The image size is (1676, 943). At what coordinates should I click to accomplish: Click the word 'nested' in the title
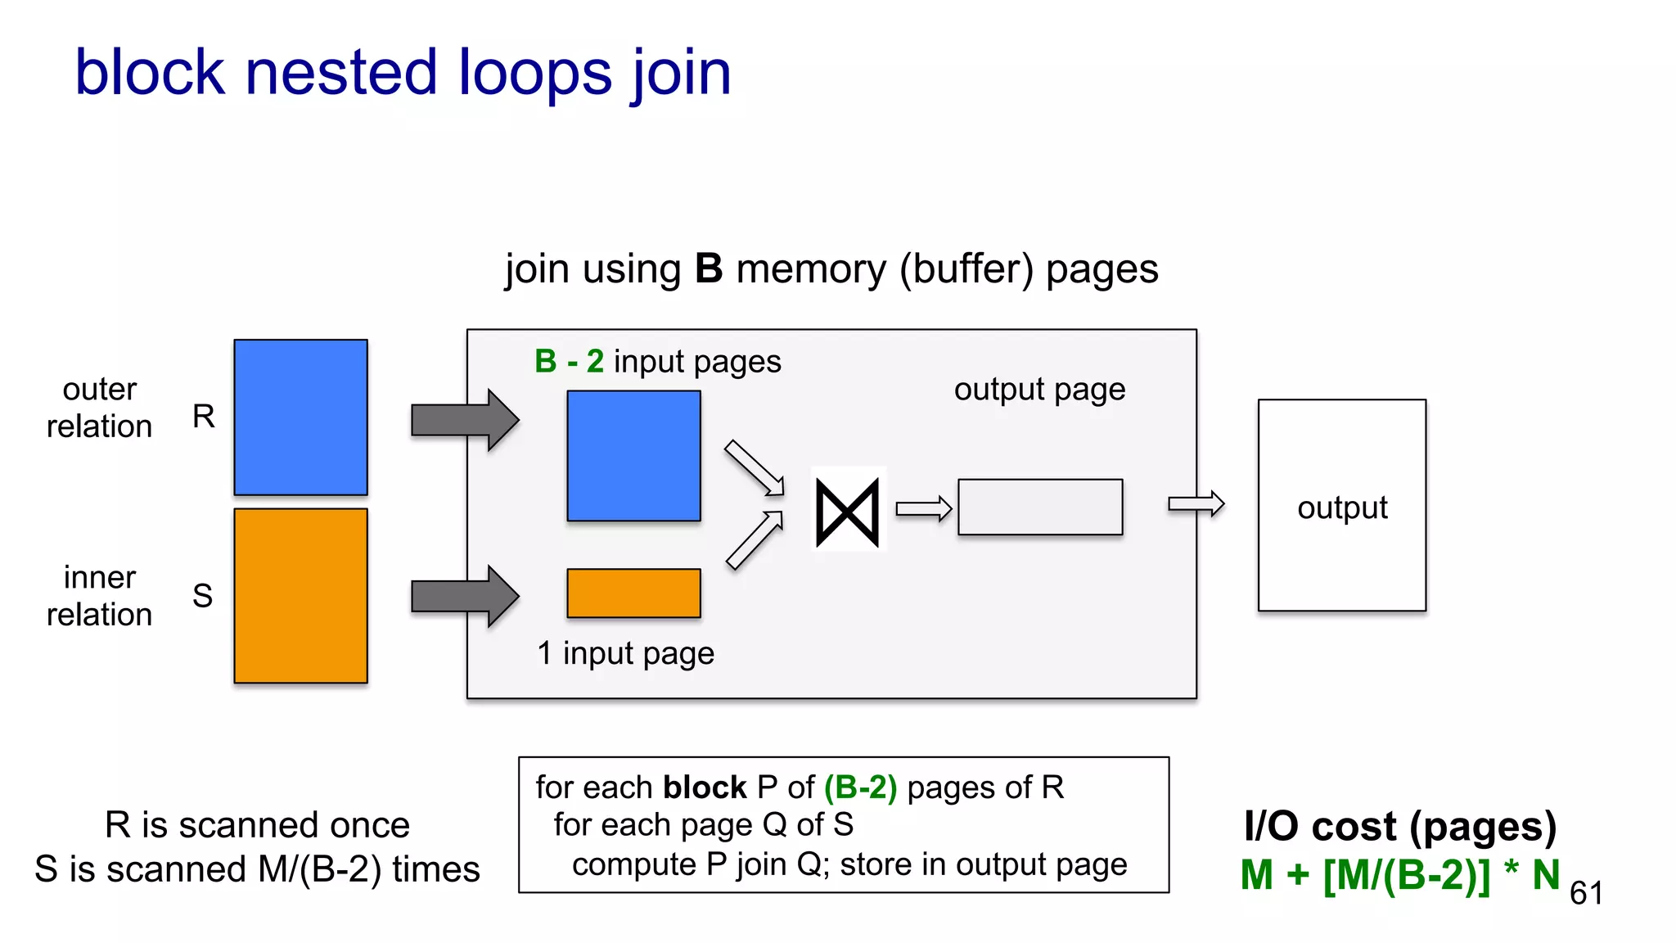click(x=340, y=74)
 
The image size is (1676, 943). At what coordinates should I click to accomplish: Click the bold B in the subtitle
click(x=708, y=269)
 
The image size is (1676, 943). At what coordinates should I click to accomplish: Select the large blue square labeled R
click(x=300, y=417)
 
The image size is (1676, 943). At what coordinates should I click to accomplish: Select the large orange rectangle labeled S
click(x=300, y=595)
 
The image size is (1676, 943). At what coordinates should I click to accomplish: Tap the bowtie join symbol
click(x=848, y=512)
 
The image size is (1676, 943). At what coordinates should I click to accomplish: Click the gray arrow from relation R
click(x=464, y=420)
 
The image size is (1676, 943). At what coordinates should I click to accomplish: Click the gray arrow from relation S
click(x=464, y=596)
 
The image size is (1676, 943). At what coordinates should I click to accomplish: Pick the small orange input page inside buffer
click(x=633, y=593)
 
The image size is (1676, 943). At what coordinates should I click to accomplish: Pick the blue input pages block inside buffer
click(x=633, y=455)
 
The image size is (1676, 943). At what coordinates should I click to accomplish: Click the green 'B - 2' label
click(x=569, y=362)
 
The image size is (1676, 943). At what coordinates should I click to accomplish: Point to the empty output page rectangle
click(x=1039, y=507)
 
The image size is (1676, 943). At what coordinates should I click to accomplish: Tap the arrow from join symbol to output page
click(x=923, y=509)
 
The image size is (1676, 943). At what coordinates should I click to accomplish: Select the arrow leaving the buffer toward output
click(x=1196, y=503)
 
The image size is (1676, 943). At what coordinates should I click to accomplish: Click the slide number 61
click(x=1586, y=893)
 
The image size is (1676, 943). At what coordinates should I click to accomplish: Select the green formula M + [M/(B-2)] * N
click(x=1399, y=875)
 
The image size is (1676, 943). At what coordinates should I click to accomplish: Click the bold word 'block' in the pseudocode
click(x=705, y=787)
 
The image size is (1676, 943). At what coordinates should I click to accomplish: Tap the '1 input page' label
click(x=625, y=653)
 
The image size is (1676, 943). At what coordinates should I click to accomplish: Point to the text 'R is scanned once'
click(x=257, y=825)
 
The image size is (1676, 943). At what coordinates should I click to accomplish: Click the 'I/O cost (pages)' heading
click(x=1399, y=826)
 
